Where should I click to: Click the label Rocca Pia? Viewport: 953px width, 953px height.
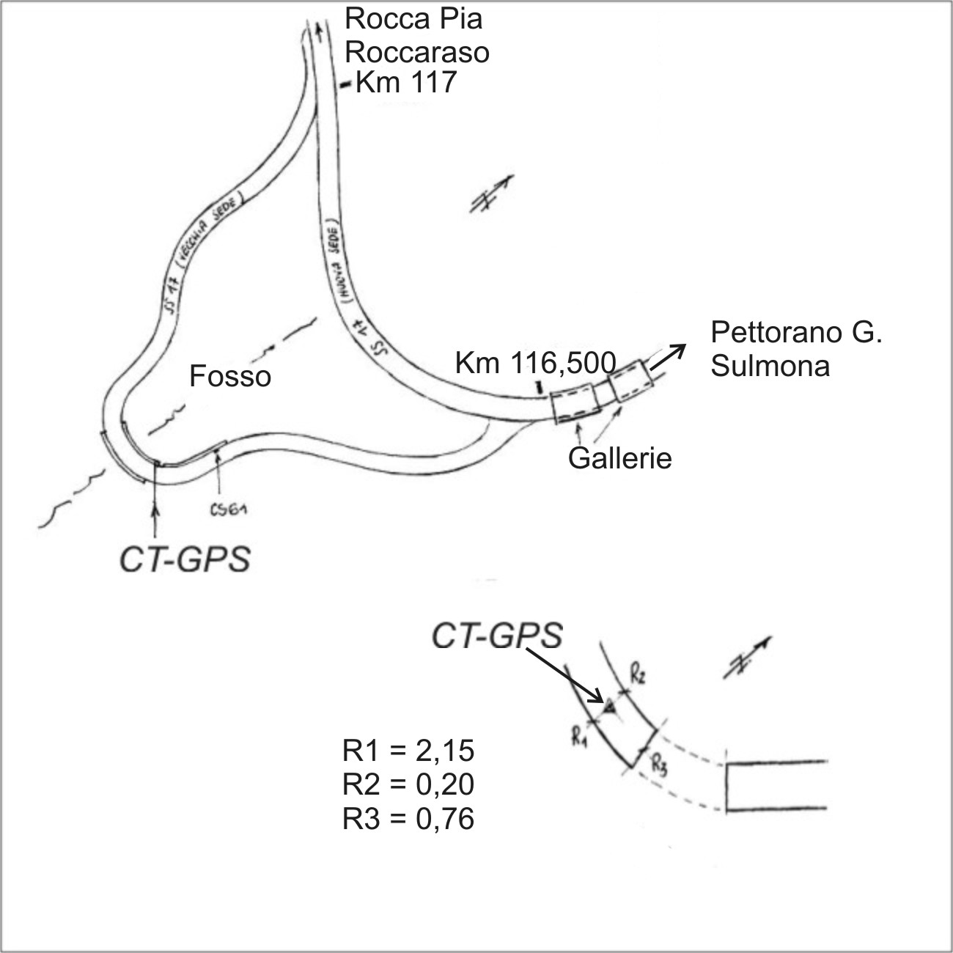click(x=413, y=19)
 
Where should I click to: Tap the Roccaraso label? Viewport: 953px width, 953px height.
click(x=417, y=52)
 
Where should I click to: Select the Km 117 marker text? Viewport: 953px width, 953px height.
click(x=405, y=82)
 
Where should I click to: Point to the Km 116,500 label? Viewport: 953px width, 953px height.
click(x=535, y=362)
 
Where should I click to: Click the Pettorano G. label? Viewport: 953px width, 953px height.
click(x=795, y=333)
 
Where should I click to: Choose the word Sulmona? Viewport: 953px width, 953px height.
click(x=770, y=366)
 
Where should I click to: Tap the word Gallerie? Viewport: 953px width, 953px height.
click(x=620, y=458)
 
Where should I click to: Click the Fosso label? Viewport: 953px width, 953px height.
click(x=230, y=377)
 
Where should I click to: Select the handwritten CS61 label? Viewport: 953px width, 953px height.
click(x=228, y=511)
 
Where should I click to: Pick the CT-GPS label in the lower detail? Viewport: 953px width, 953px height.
click(x=496, y=636)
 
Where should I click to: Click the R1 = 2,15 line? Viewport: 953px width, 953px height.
click(x=408, y=751)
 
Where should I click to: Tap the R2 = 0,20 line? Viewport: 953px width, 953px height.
click(x=408, y=785)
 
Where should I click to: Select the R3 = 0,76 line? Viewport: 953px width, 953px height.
click(x=408, y=819)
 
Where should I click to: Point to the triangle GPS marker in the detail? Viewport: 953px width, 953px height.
click(x=608, y=706)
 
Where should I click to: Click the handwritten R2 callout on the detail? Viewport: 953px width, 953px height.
click(x=637, y=675)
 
